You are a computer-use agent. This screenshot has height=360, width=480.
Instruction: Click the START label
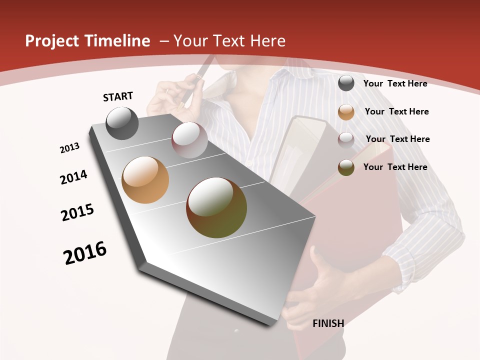[118, 96]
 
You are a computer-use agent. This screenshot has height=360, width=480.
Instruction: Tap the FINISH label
[328, 323]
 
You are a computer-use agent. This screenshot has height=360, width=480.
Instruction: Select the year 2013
[69, 148]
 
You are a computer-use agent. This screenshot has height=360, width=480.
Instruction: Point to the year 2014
[73, 177]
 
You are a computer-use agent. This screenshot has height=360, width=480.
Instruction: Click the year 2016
[85, 253]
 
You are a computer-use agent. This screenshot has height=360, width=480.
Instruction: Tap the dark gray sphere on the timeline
[122, 123]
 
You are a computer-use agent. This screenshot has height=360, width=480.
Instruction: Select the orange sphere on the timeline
[145, 180]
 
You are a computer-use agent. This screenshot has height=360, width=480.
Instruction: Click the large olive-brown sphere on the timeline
[216, 207]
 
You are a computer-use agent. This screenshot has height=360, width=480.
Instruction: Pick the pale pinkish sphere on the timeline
[189, 139]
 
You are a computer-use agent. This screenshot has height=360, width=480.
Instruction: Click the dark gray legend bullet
[346, 83]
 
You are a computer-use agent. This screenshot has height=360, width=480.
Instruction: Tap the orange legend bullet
[346, 112]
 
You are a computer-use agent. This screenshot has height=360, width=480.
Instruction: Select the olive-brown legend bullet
[346, 167]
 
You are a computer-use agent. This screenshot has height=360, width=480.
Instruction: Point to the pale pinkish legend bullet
[346, 139]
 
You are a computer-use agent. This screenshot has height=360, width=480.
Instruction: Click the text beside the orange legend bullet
[396, 111]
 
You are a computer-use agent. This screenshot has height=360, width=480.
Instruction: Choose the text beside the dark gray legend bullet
[395, 83]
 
